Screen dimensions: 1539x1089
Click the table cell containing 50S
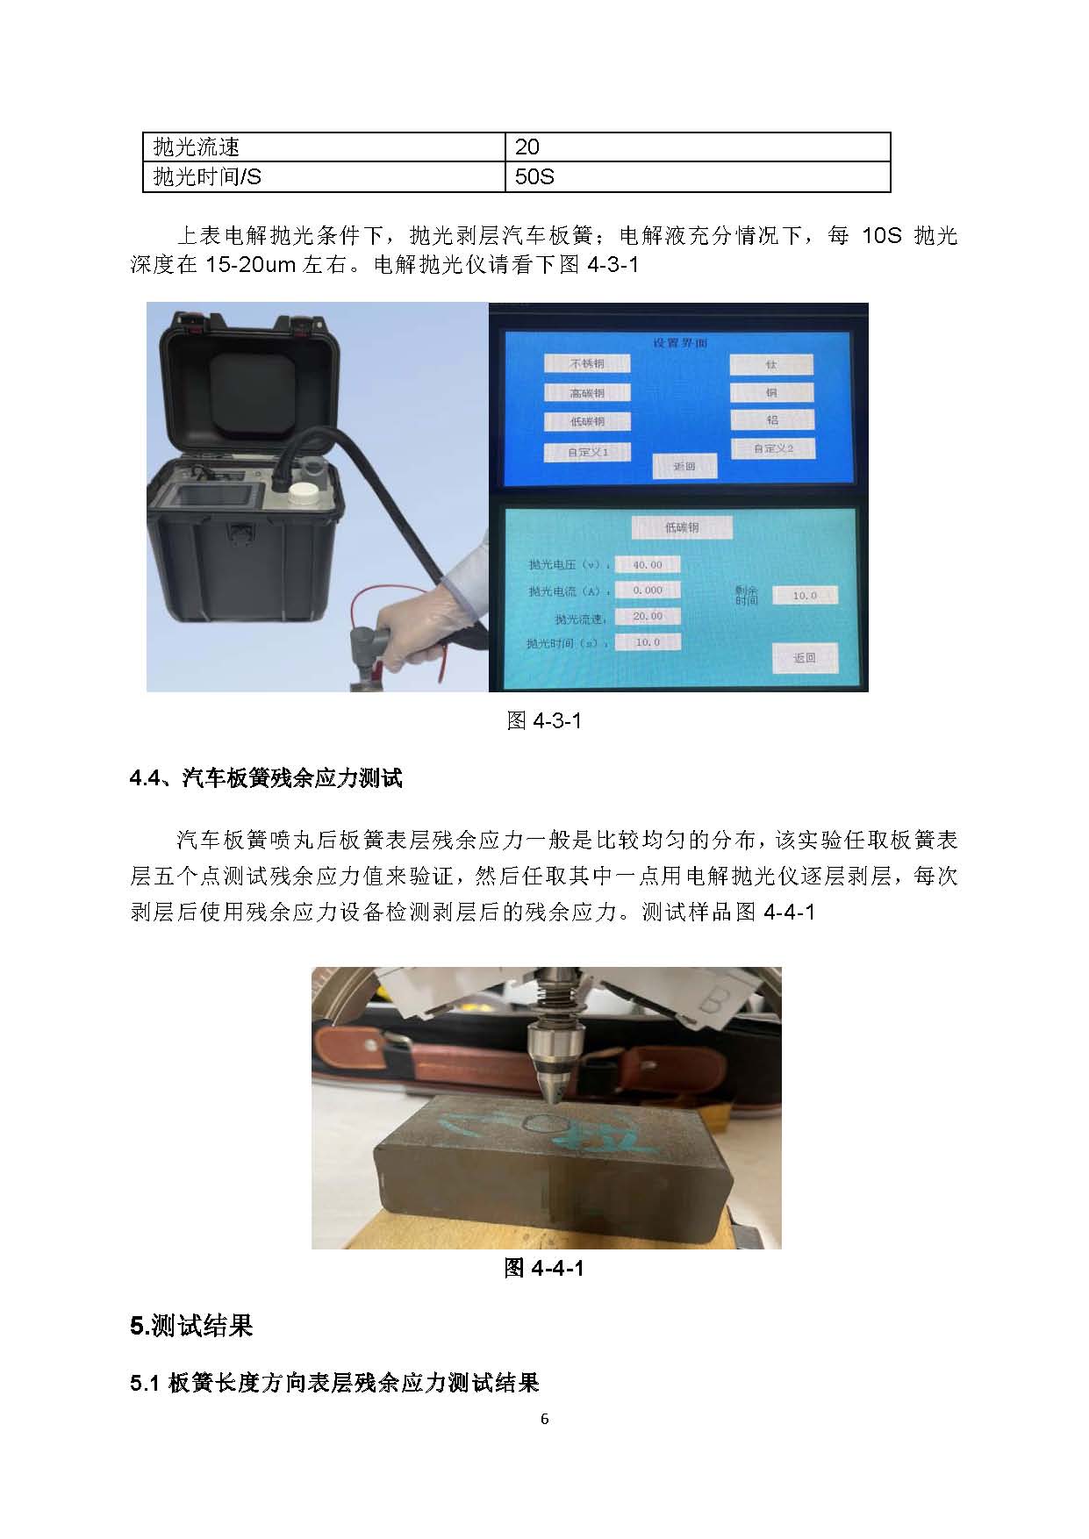pos(698,177)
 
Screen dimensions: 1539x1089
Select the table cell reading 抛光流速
pos(324,147)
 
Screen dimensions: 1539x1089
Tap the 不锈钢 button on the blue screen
pos(587,363)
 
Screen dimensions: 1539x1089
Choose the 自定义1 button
pos(587,453)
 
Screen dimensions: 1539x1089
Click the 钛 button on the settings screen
pos(771,364)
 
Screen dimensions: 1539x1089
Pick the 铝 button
pos(771,420)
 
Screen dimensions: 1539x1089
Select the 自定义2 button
pos(773,448)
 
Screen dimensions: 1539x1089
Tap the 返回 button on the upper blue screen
pos(684,467)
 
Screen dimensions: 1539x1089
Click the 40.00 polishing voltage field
pos(648,565)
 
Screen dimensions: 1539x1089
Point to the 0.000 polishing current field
pos(648,591)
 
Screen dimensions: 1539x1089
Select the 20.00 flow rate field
pos(648,617)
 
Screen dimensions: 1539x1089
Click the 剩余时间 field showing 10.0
pos(805,596)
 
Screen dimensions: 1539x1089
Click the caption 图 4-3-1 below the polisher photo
pos(544,721)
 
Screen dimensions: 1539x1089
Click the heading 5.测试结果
pos(191,1326)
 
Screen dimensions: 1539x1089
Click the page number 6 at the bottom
pos(545,1420)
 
